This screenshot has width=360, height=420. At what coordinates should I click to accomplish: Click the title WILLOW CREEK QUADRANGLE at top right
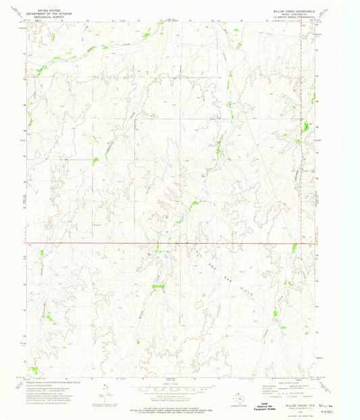294,11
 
